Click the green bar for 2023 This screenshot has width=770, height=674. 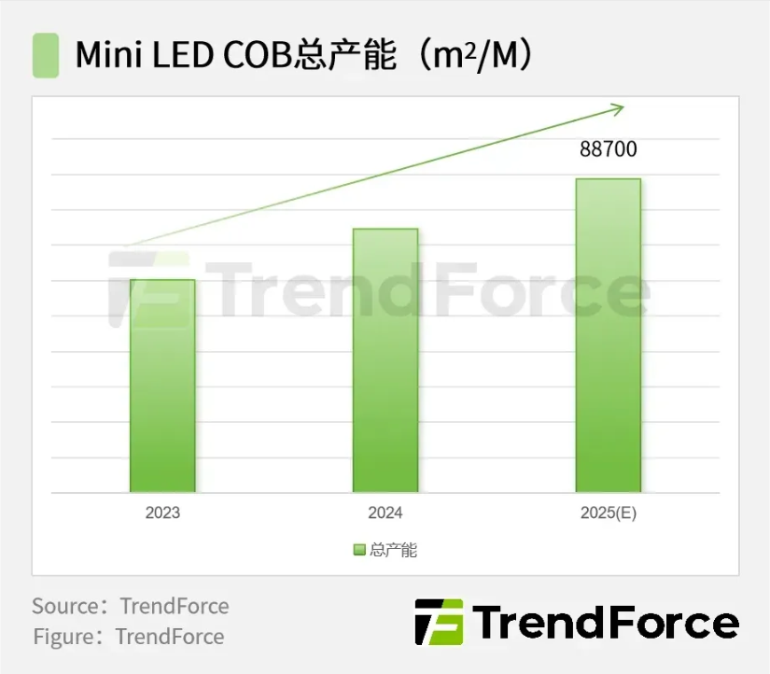(x=162, y=386)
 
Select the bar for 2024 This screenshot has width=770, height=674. (x=385, y=360)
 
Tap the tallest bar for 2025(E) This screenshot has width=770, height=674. (x=608, y=335)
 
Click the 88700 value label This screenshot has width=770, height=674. (x=609, y=149)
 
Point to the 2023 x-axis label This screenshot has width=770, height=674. (x=162, y=513)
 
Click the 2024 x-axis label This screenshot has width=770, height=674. (x=385, y=513)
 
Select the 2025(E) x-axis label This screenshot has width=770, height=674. (x=608, y=513)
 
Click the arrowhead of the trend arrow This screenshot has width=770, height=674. (x=617, y=109)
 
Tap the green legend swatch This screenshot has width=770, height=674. (x=359, y=550)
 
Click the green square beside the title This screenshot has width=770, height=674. (x=46, y=55)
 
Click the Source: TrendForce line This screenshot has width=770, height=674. (x=131, y=606)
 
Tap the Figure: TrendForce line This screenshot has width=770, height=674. (x=129, y=637)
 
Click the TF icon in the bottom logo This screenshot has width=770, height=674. (x=439, y=622)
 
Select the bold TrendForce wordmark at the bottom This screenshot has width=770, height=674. (x=606, y=623)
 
